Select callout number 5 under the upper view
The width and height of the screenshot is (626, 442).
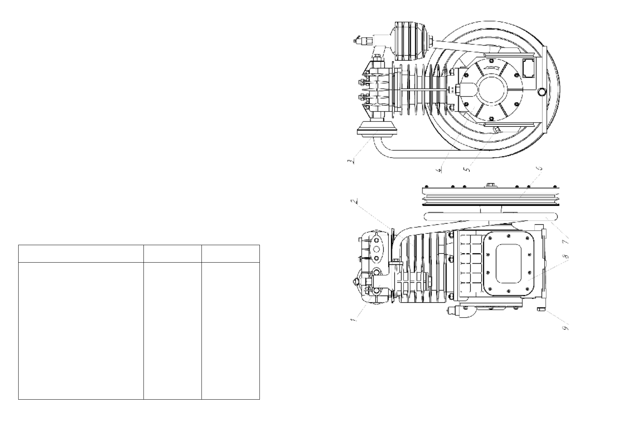click(468, 168)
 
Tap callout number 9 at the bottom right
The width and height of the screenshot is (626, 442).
click(566, 327)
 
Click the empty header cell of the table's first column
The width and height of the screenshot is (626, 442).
click(81, 254)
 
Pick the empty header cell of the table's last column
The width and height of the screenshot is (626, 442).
click(230, 254)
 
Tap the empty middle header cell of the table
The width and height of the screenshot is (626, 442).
click(172, 254)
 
